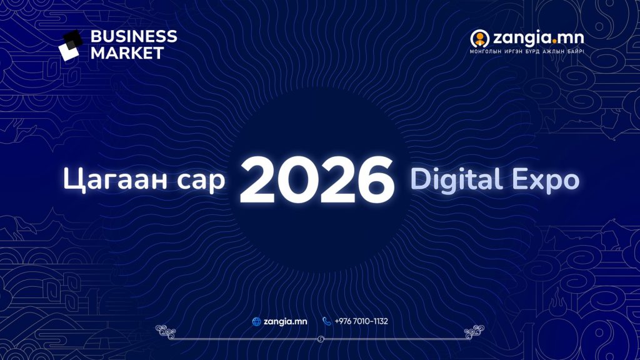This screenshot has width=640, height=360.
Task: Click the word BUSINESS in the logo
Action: click(x=134, y=36)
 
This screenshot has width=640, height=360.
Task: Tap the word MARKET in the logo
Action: click(x=127, y=53)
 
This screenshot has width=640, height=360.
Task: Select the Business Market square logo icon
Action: click(x=71, y=45)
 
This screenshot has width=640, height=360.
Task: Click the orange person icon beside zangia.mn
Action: click(x=479, y=39)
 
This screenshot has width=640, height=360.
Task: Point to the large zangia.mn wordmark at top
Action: click(x=538, y=38)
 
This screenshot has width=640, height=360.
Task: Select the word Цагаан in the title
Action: click(x=115, y=179)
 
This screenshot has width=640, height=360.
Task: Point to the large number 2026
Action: click(x=317, y=180)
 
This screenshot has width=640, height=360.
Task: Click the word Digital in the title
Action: click(x=456, y=179)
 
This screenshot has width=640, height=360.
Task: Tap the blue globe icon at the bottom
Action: click(x=257, y=322)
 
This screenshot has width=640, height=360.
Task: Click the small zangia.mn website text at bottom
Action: click(x=285, y=322)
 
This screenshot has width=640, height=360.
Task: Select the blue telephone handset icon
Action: click(x=326, y=321)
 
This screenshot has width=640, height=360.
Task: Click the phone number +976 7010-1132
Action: click(x=361, y=321)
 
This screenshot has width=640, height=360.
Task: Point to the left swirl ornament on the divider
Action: click(x=166, y=332)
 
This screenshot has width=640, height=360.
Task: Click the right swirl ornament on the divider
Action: click(x=474, y=332)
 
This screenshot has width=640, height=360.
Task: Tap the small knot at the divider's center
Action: click(x=321, y=339)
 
